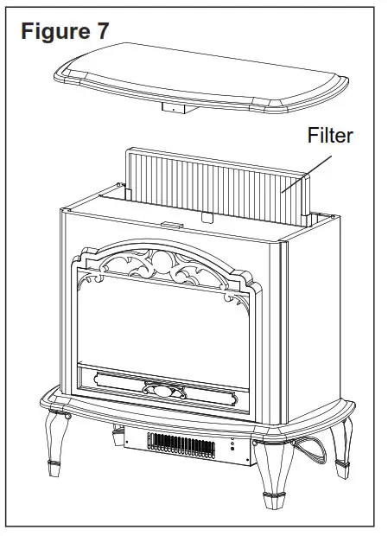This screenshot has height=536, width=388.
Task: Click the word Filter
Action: [x=330, y=137]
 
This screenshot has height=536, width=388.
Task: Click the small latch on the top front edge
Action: [x=169, y=225]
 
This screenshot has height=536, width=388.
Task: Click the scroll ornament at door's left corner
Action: [x=90, y=259]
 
